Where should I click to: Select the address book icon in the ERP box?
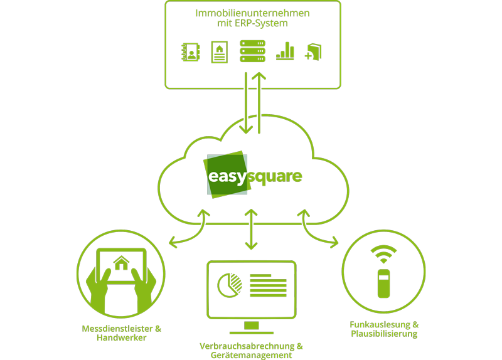pos(190,51)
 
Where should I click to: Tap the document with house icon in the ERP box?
pos(219,51)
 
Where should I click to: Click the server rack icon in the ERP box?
pos(252,51)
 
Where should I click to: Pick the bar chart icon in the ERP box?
pos(285,51)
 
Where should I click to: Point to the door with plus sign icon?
pos(313,52)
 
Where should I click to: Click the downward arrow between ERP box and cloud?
pos(245,103)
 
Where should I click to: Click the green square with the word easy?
pos(225,176)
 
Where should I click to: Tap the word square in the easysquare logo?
pos(275,176)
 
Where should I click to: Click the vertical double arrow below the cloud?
pos(252,230)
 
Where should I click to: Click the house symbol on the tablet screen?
pos(121,262)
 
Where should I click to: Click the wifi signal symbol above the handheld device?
pos(383,254)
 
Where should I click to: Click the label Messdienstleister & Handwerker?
pos(122,333)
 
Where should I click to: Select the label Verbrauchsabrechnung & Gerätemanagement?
pos(252,351)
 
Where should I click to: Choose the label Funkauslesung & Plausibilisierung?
pos(384,329)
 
